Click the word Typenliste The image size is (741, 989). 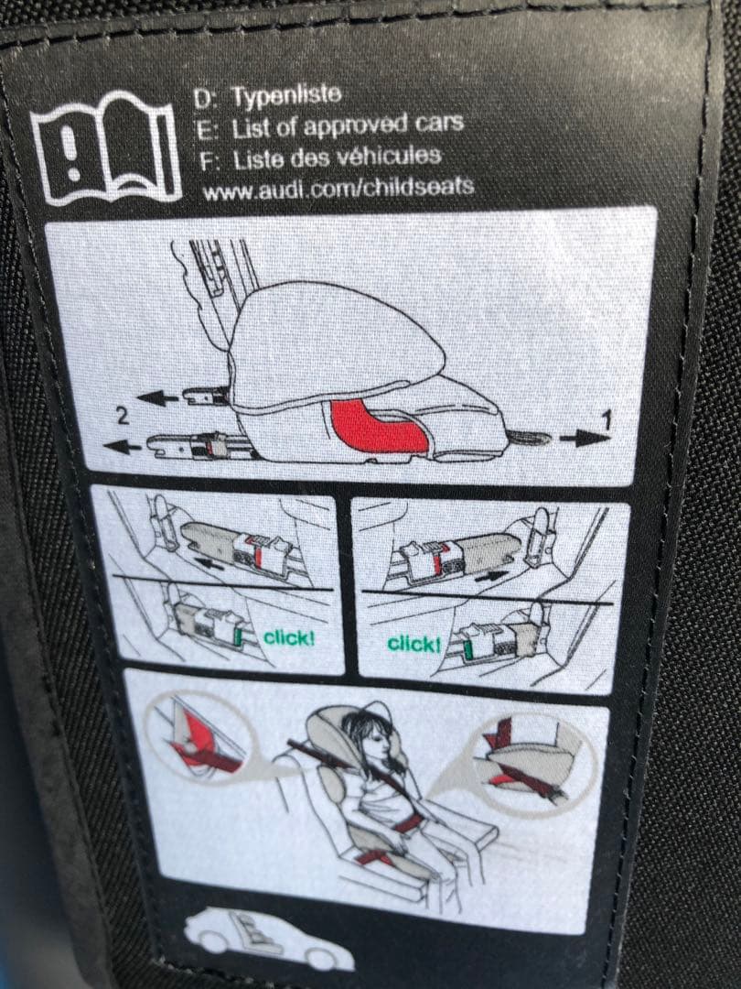point(286,96)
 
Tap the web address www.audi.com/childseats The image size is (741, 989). point(338,188)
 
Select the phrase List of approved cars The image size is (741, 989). point(348,125)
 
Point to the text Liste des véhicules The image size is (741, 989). point(337,158)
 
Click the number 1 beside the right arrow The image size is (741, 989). point(607,420)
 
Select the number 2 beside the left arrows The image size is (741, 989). point(123,416)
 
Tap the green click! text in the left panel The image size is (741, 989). point(288,637)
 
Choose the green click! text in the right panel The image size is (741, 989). point(414,644)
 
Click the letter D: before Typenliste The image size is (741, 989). point(205,99)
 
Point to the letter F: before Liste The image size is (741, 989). point(209,160)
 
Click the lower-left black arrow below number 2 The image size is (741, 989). point(123,447)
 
